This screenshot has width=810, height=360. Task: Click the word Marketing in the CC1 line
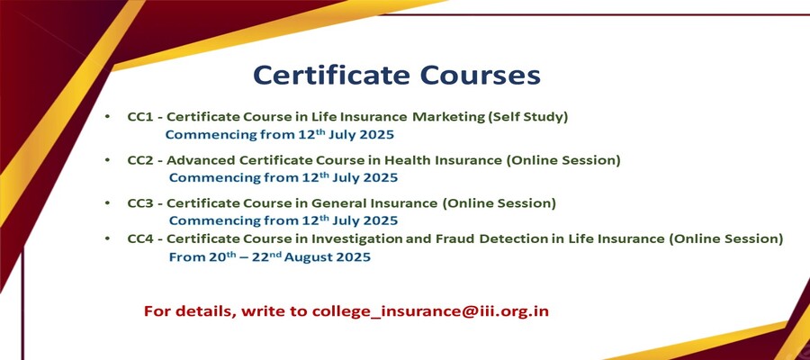tap(448, 118)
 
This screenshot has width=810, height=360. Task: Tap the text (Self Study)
tap(528, 118)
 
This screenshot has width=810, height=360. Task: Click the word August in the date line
tap(310, 257)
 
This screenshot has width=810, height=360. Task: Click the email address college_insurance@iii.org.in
tap(430, 312)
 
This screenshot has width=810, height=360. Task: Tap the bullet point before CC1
tap(107, 117)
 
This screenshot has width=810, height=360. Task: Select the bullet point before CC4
tap(107, 239)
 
